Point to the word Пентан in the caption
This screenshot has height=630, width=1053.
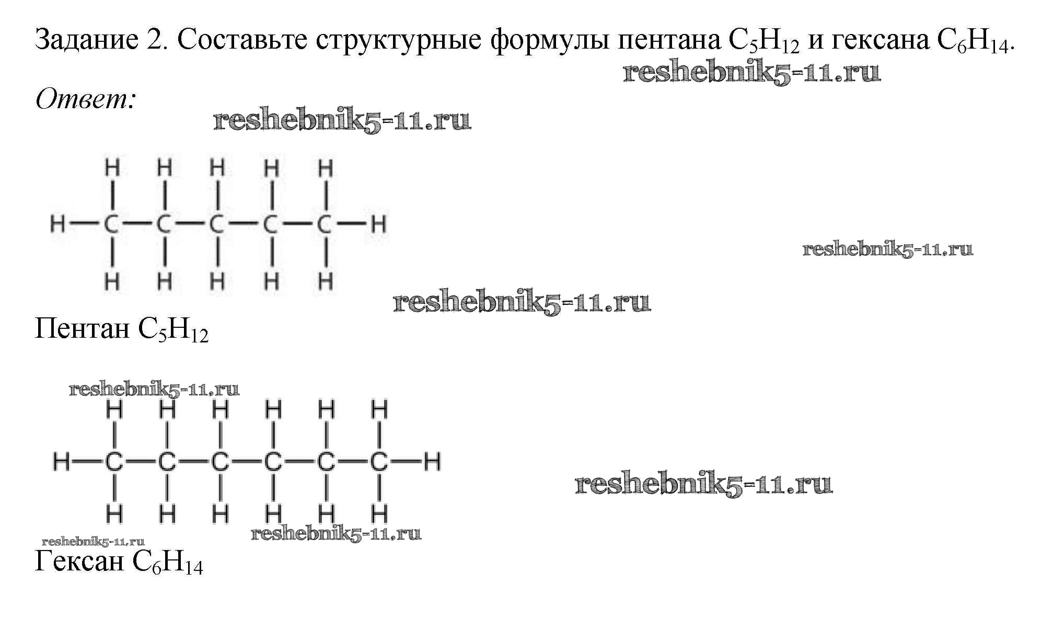pyautogui.click(x=82, y=329)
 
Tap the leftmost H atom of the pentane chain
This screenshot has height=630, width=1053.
pyautogui.click(x=57, y=224)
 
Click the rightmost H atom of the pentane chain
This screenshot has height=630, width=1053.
pyautogui.click(x=378, y=224)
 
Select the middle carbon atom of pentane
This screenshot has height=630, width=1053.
pyautogui.click(x=217, y=224)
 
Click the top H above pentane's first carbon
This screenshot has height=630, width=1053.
pyautogui.click(x=112, y=168)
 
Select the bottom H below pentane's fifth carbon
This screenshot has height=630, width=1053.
pyautogui.click(x=325, y=282)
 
